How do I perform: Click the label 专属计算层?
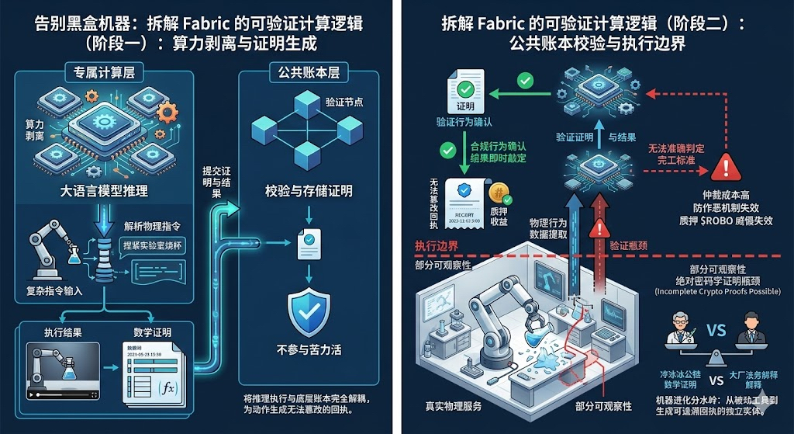93,75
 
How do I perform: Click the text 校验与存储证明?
309,191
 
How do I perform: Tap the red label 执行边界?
437,246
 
